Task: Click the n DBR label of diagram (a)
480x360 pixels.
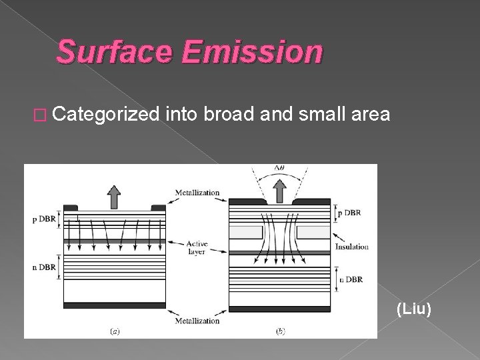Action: pos(44,267)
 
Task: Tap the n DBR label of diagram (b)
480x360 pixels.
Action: pos(351,279)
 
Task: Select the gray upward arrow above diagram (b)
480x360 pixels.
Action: pos(280,192)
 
